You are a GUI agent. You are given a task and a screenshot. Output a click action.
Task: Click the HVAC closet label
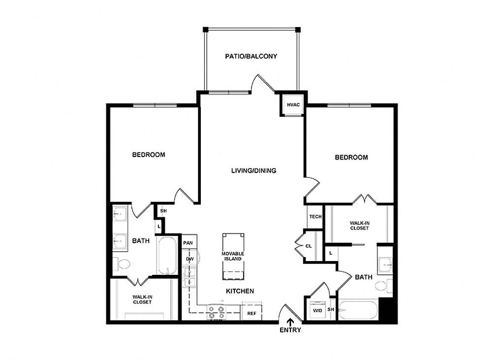coord(293,104)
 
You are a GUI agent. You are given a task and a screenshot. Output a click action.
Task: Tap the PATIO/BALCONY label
coord(251,56)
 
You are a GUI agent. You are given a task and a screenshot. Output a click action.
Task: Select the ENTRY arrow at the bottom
coord(290,322)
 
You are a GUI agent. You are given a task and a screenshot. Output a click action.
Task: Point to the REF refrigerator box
coord(252,313)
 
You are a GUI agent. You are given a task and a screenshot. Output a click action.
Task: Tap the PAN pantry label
coord(188,243)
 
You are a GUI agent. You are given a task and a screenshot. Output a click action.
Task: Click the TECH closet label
coord(315,217)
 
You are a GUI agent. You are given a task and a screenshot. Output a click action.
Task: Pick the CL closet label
coord(309,246)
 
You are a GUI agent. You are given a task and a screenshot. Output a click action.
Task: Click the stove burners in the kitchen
coord(216,312)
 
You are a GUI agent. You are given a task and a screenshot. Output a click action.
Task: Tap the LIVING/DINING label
coord(253,171)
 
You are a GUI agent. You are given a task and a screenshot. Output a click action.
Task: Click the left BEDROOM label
coord(149,155)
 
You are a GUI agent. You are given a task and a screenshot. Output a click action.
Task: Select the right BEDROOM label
coord(351,158)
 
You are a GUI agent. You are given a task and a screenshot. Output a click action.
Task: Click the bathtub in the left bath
coord(168,255)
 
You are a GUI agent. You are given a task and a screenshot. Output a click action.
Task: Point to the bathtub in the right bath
coord(358,310)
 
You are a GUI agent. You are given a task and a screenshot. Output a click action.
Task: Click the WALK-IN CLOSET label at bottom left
coord(142,299)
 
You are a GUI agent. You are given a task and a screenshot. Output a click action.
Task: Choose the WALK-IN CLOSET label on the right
coord(359,226)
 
